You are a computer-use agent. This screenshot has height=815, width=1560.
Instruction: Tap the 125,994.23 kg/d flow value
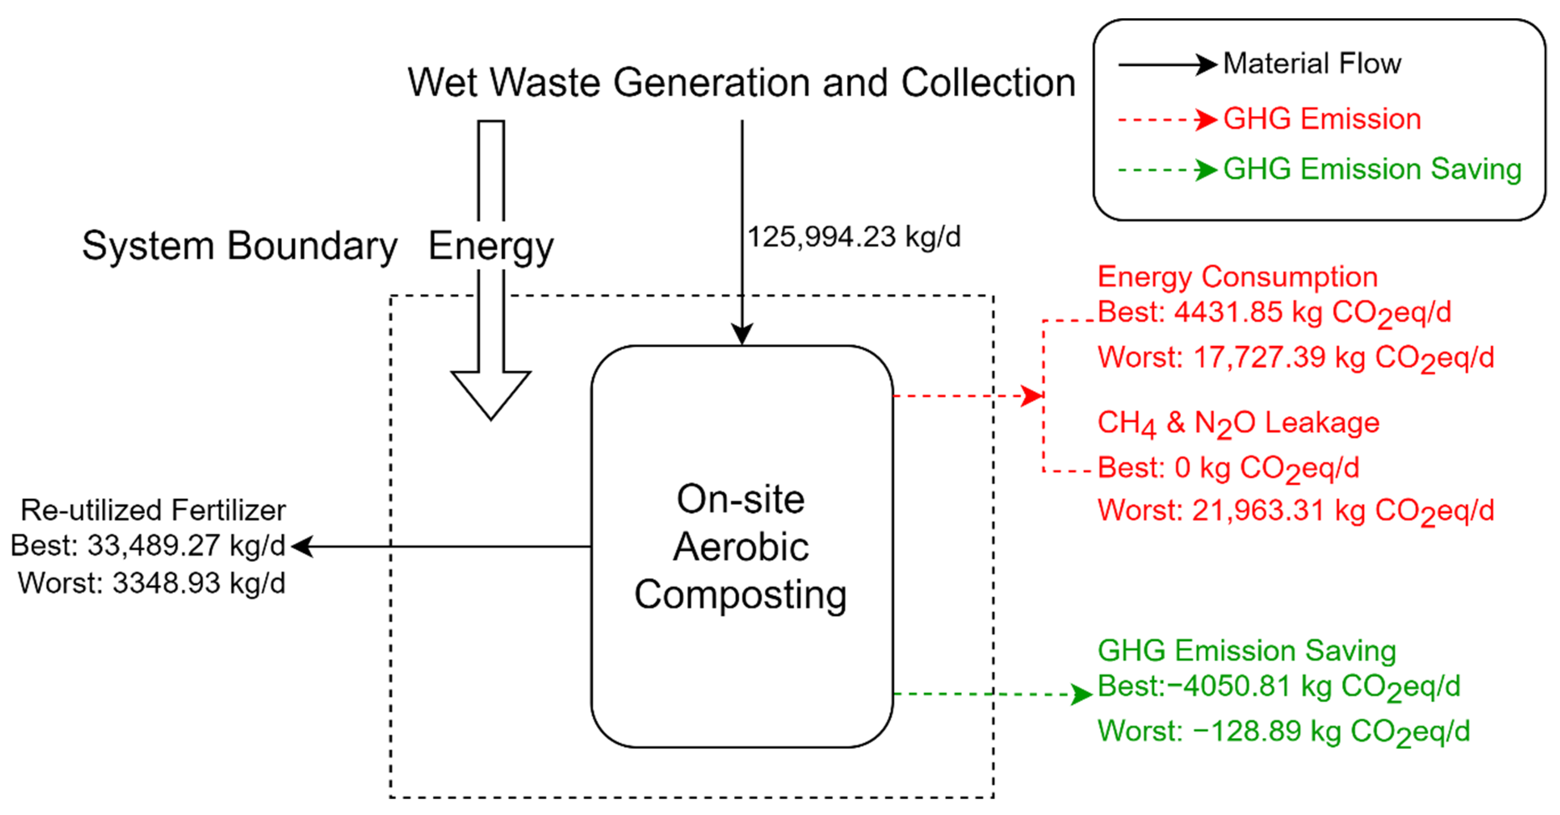point(853,237)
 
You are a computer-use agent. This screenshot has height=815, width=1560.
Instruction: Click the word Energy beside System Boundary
point(490,247)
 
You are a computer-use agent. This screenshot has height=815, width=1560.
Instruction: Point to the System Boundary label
point(239,247)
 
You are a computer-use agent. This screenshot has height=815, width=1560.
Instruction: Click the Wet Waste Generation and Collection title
point(741,82)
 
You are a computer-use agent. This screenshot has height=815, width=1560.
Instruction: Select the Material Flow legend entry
point(1311,64)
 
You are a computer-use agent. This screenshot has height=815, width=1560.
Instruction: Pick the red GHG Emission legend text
point(1321,119)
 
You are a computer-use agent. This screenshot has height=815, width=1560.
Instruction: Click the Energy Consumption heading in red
point(1237,278)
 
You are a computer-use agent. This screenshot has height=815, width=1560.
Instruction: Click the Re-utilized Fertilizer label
point(153,510)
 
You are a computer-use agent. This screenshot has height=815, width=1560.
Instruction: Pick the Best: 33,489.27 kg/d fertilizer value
point(148,545)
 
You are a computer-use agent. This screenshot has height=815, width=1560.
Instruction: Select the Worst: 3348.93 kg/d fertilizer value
point(151,583)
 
